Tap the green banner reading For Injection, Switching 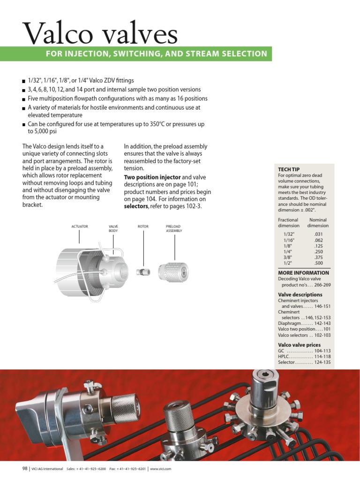[x=156, y=53]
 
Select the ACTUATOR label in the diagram [x=79, y=226]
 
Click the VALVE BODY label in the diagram [x=113, y=228]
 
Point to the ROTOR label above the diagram [x=143, y=226]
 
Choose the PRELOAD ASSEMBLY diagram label [x=174, y=228]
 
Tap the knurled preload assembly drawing [x=173, y=271]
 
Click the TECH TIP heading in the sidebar [x=289, y=169]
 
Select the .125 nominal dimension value [x=318, y=246]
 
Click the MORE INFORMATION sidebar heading [x=303, y=273]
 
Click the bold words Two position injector [x=152, y=177]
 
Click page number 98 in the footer [x=25, y=469]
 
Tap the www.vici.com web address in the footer [x=160, y=469]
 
